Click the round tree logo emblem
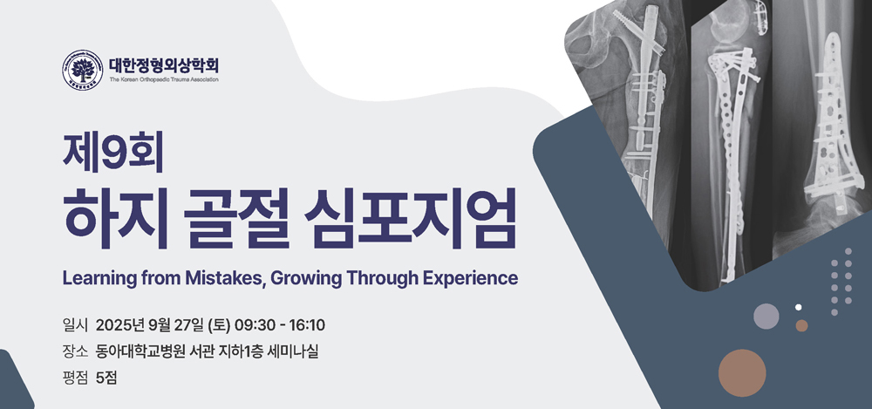click(82, 70)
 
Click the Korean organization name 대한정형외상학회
click(164, 65)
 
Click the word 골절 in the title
click(237, 218)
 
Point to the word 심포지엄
click(411, 218)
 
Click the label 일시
click(75, 325)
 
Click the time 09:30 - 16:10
click(280, 325)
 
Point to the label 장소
click(75, 351)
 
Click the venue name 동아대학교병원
click(140, 351)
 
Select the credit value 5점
click(106, 378)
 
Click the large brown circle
click(742, 373)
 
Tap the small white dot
click(799, 307)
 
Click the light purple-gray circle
click(766, 316)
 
